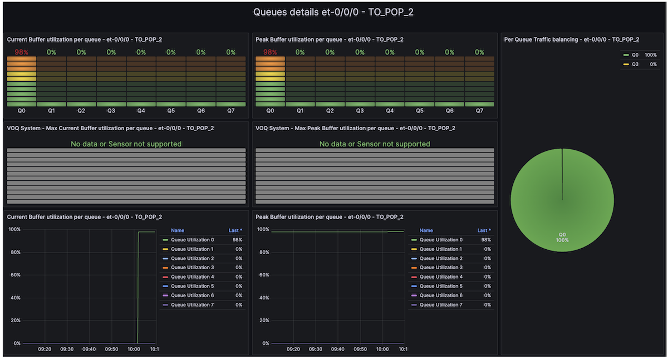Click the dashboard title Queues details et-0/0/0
[333, 12]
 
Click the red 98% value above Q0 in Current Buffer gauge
[21, 52]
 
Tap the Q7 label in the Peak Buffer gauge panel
[479, 111]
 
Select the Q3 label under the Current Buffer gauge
[111, 111]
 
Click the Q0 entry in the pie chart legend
[635, 55]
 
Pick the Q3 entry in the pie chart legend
[635, 65]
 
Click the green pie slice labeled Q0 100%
[562, 200]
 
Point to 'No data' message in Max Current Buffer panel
[126, 144]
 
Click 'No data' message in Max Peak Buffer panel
[375, 144]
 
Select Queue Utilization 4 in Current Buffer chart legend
[191, 277]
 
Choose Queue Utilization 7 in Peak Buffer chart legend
[440, 305]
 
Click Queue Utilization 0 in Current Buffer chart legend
[191, 240]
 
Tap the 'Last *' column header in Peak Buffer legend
[484, 230]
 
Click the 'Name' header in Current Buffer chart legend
[178, 230]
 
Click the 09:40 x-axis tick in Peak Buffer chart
[338, 349]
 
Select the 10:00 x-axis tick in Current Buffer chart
[134, 349]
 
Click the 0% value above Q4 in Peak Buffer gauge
[390, 52]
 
